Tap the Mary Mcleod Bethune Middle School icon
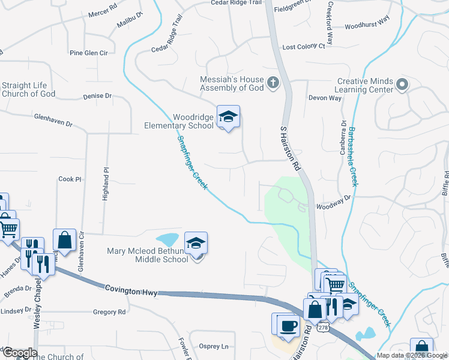[196, 243]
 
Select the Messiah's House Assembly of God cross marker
[273, 82]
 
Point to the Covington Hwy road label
[131, 290]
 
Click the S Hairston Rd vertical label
[291, 148]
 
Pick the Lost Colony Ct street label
[303, 46]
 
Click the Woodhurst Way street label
[367, 26]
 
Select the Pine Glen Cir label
[88, 53]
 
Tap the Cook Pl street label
[69, 179]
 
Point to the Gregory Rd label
[109, 312]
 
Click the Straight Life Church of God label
[28, 89]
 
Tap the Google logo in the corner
[19, 353]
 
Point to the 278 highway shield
[323, 328]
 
